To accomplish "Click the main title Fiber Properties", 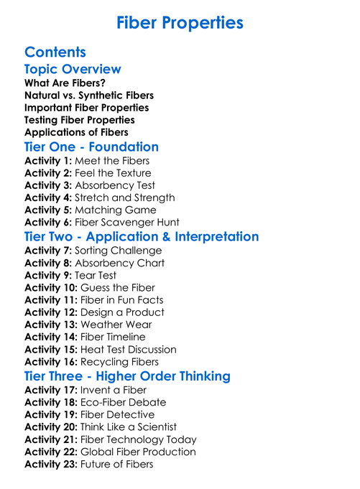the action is pos(180,23).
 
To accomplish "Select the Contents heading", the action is pos(55,52).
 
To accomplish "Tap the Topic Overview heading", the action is pos(73,70).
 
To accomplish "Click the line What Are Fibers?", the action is pos(65,83).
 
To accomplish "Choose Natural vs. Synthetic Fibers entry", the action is pos(89,96).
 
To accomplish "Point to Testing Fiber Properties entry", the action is pos(79,120).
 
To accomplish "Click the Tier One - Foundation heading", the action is pos(91,147).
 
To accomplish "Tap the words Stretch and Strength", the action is pos(125,197).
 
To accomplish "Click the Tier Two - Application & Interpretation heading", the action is pos(142,237).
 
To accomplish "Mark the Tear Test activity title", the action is pos(96,275).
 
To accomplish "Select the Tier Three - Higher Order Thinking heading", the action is pos(127,376).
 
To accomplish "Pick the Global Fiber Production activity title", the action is pos(137,452).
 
